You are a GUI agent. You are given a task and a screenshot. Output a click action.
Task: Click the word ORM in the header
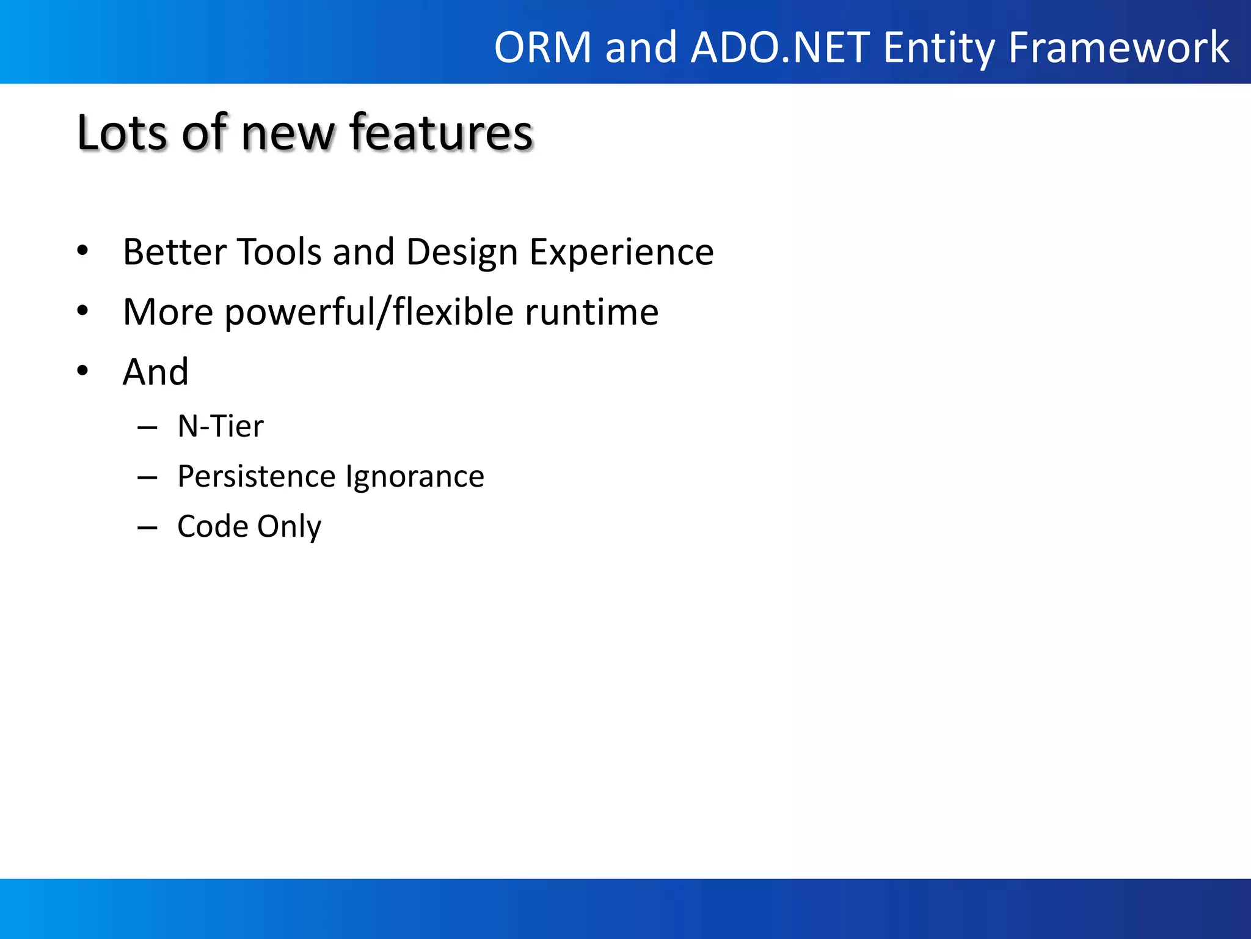tap(542, 48)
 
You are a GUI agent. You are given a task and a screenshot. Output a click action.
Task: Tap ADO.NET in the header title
tap(780, 48)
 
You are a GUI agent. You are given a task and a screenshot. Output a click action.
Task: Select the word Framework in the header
tap(1118, 48)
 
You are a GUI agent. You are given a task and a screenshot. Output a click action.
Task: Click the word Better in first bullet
tap(174, 252)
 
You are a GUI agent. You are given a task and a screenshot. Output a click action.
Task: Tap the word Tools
tap(279, 252)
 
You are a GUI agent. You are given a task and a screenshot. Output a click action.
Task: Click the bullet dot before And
tap(83, 370)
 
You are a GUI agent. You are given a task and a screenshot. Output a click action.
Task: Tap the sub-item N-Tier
tap(220, 426)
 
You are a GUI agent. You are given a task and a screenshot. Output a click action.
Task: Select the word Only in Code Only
tap(289, 527)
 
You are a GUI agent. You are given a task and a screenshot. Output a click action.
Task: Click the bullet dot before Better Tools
tap(83, 250)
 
